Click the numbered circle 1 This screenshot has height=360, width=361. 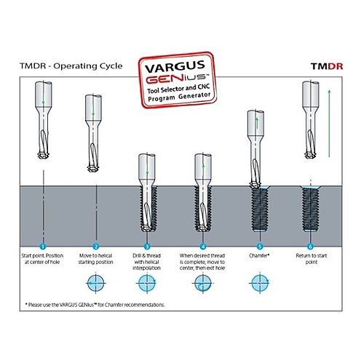[43, 247]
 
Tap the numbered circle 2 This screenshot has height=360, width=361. [96, 247]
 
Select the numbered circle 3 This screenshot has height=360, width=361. [147, 247]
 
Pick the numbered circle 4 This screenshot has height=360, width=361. [203, 247]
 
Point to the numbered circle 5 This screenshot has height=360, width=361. [260, 247]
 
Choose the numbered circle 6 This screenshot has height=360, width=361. [310, 247]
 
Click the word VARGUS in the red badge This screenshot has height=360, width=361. [175, 66]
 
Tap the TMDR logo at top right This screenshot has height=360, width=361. [327, 66]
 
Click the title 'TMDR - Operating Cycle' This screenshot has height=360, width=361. [71, 66]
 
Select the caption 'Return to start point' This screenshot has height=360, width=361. [312, 259]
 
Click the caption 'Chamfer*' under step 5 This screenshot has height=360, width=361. [259, 255]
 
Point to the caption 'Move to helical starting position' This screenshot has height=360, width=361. [95, 259]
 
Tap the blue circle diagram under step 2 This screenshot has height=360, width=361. [96, 283]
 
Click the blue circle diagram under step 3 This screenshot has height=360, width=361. [147, 283]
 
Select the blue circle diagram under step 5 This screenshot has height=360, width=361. [260, 283]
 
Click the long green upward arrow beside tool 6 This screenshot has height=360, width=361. [329, 123]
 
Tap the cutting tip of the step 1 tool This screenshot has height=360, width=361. [44, 156]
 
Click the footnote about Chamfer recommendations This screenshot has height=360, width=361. [95, 305]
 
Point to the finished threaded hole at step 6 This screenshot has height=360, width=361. [311, 209]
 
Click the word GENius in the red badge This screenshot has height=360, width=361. [176, 78]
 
